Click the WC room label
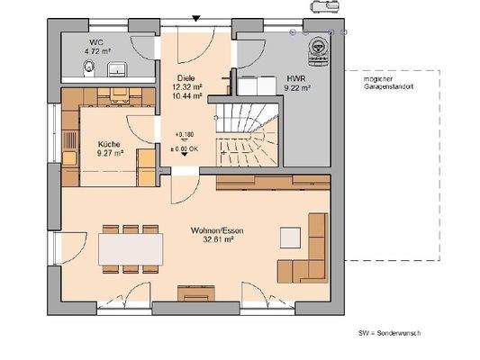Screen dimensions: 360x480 (95, 41)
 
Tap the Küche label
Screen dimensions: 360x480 (109, 143)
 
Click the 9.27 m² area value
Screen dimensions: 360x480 (109, 152)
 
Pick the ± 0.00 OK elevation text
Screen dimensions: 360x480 (186, 148)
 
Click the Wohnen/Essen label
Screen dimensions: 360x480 (217, 231)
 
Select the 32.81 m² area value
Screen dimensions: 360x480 (217, 240)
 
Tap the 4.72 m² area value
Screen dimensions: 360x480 (98, 51)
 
